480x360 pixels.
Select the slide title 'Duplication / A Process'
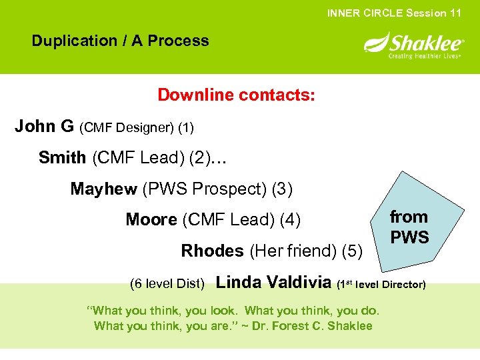tap(120, 41)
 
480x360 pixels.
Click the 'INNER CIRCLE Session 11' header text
tap(394, 13)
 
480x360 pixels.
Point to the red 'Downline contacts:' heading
tap(236, 95)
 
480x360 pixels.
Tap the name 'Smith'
tap(62, 158)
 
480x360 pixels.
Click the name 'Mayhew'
tap(103, 189)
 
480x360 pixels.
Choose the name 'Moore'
tap(151, 220)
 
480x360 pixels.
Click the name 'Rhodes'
tap(212, 251)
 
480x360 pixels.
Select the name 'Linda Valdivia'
tap(274, 283)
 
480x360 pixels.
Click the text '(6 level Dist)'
tap(167, 284)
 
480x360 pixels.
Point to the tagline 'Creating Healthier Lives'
tap(425, 56)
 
